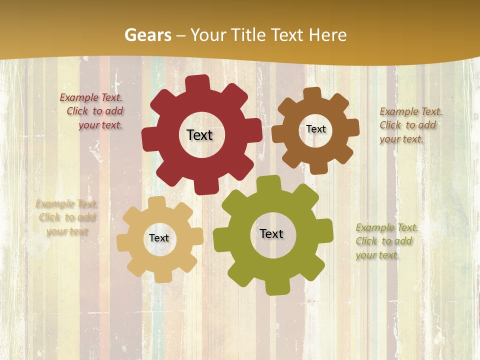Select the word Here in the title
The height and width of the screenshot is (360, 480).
327,35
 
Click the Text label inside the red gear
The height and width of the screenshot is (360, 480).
199,135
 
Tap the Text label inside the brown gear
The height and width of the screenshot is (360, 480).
315,129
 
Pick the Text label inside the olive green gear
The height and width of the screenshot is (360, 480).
271,233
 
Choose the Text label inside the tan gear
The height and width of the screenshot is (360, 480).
159,238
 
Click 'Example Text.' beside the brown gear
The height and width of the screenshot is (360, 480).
411,111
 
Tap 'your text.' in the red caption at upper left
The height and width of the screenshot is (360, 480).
100,125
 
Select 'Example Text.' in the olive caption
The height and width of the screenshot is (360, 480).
387,228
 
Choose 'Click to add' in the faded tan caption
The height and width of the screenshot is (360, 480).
67,217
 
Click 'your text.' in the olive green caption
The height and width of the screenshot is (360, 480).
377,255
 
